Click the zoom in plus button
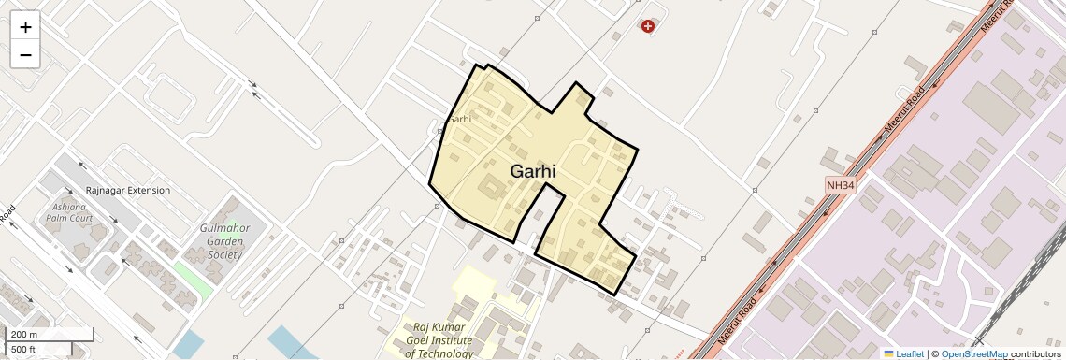coord(25,27)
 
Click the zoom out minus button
coord(25,55)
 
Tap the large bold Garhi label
coord(533,172)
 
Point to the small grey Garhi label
coord(459,119)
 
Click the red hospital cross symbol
coord(647,26)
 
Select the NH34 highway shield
coord(841,185)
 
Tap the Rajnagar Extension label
coord(128,190)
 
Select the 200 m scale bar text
coord(25,335)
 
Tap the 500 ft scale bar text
coord(23,350)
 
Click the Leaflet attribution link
coord(903,353)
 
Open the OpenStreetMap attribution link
coord(974,353)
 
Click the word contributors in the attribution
coord(1037,353)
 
